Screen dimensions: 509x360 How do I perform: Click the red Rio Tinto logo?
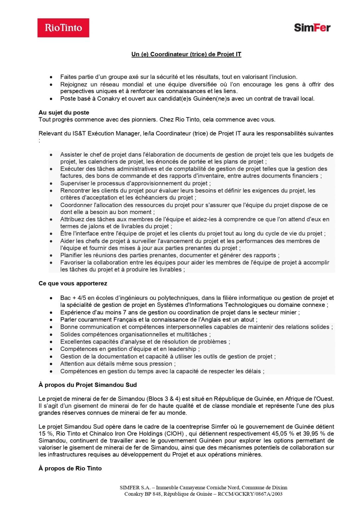coord(63,28)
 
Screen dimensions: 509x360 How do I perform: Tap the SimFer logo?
coord(312,28)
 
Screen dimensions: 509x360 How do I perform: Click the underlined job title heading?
coord(186,54)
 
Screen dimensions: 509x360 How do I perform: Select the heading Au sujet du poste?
coord(64,112)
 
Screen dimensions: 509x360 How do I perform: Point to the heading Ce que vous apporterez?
coord(73,283)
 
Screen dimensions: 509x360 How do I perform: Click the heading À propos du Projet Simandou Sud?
coord(88,385)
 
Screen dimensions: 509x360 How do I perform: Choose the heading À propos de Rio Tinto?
coord(70,468)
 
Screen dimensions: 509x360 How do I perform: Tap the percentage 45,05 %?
coord(284,433)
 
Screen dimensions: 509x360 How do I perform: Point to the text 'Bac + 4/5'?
coord(73,298)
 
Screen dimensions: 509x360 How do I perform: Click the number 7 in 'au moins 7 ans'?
coord(125,312)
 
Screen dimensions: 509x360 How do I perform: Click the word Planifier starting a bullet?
coord(71,255)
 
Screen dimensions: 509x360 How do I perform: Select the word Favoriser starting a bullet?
coord(73,262)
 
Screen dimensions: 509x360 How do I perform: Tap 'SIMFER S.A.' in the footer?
coord(135,487)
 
